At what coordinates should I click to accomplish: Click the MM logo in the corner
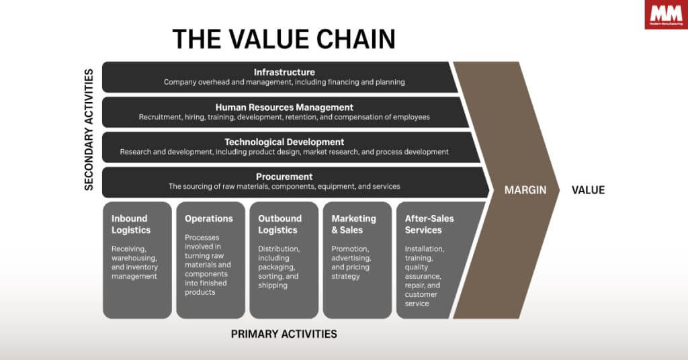coord(665,14)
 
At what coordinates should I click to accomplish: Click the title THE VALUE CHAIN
coord(284,40)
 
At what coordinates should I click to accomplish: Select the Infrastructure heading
coord(284,72)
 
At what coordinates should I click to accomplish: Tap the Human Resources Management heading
coord(284,107)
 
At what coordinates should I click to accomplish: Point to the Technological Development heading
coord(284,142)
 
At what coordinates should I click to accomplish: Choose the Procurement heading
coord(284,177)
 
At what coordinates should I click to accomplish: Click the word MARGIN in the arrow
coord(525,190)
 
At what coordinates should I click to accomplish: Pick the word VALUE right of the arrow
coord(588,190)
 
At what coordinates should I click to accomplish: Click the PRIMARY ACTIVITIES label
coord(284,334)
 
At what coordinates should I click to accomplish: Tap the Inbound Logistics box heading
coord(131,224)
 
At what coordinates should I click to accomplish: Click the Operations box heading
coord(209,218)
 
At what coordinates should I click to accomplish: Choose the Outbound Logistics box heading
coord(280,224)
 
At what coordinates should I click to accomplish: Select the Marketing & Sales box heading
coord(354,224)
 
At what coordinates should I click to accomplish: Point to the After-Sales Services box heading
coord(429,224)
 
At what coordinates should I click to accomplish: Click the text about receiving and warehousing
coord(134,262)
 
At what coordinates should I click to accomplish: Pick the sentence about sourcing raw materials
coord(284,187)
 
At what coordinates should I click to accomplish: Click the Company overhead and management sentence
coord(284,82)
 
